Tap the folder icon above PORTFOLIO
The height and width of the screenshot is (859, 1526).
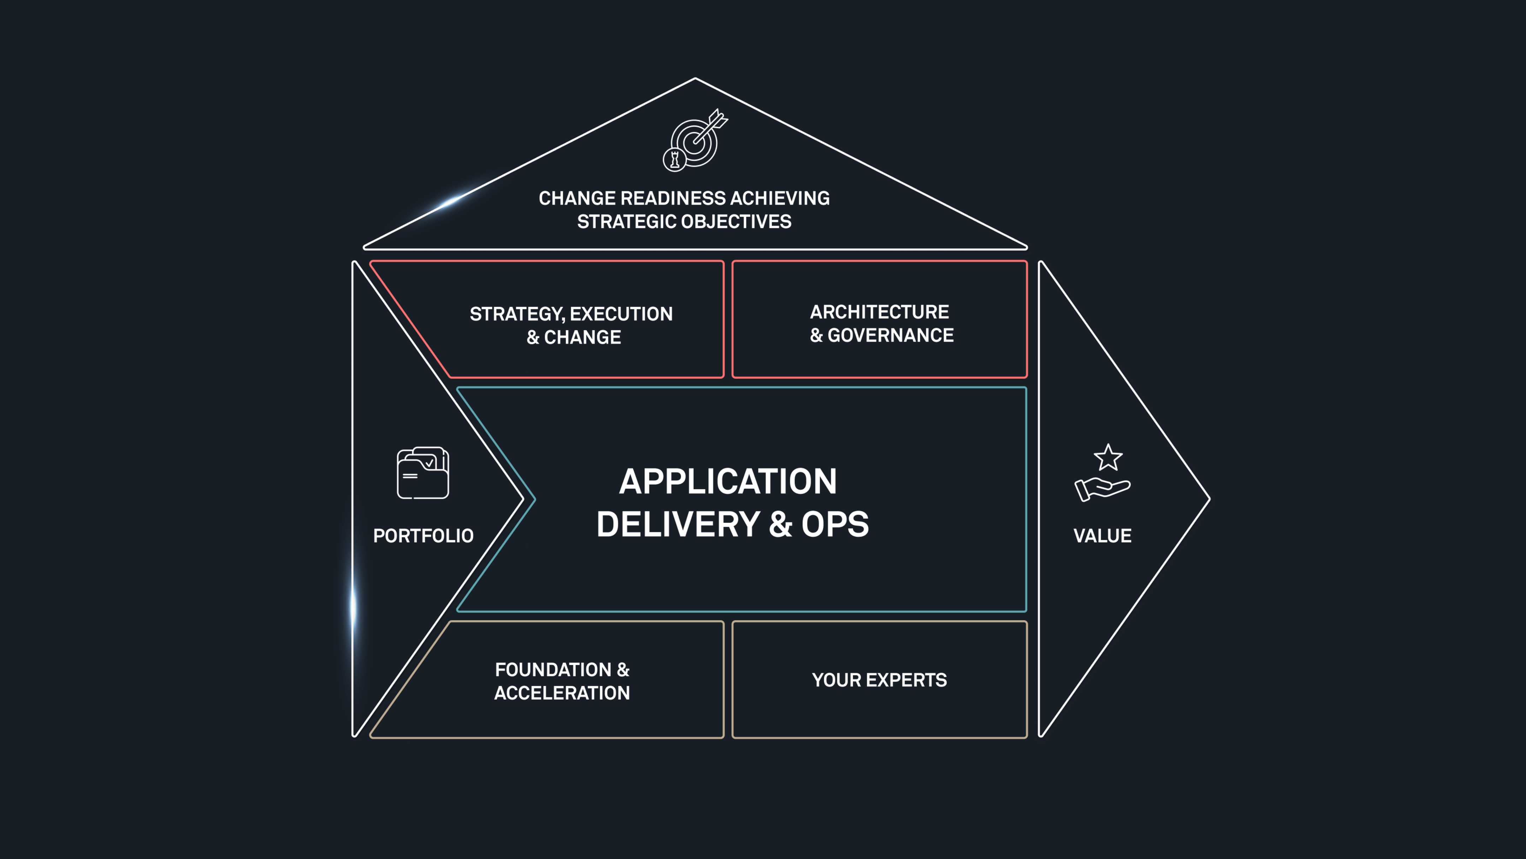click(422, 473)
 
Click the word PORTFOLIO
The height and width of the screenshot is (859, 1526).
click(423, 536)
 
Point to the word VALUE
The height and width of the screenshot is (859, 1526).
click(1102, 536)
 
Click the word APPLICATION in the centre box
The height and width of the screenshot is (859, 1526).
click(728, 481)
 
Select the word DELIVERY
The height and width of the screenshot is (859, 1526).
click(678, 525)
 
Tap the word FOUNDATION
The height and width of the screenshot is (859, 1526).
click(553, 670)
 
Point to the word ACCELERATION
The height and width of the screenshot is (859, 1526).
click(562, 693)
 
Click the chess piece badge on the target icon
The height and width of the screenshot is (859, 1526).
click(674, 159)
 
